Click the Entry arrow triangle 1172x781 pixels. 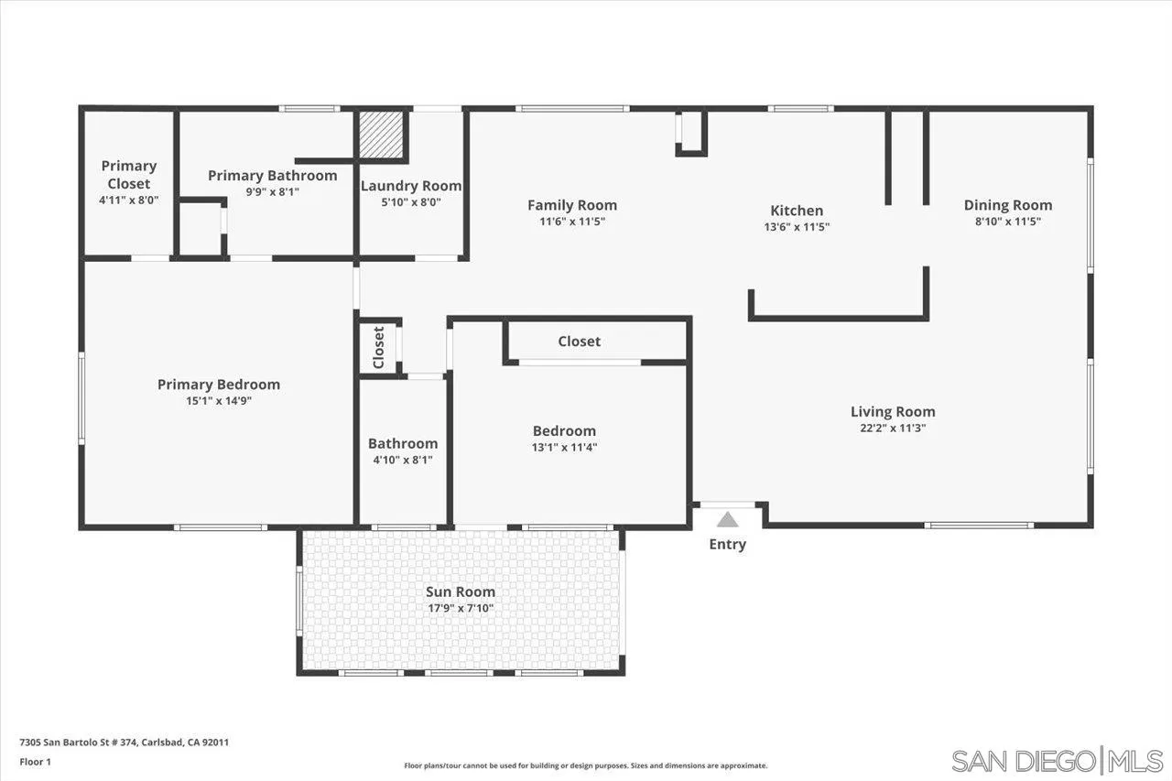727,520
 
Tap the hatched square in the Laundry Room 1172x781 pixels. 381,136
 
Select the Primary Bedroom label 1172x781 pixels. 219,385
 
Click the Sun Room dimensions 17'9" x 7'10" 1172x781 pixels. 460,607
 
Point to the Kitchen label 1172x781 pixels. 797,211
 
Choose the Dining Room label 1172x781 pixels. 1008,205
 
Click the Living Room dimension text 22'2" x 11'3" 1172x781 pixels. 893,428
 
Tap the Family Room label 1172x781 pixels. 572,205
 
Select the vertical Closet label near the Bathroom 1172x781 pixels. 379,347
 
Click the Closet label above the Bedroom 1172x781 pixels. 580,342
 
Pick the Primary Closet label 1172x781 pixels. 129,174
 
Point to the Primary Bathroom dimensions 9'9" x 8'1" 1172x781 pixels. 273,192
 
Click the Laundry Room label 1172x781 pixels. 411,186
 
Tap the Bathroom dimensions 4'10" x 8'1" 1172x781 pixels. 403,460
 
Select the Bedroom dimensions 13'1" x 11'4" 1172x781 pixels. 565,447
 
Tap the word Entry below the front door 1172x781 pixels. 727,544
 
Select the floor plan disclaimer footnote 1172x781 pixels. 586,765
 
